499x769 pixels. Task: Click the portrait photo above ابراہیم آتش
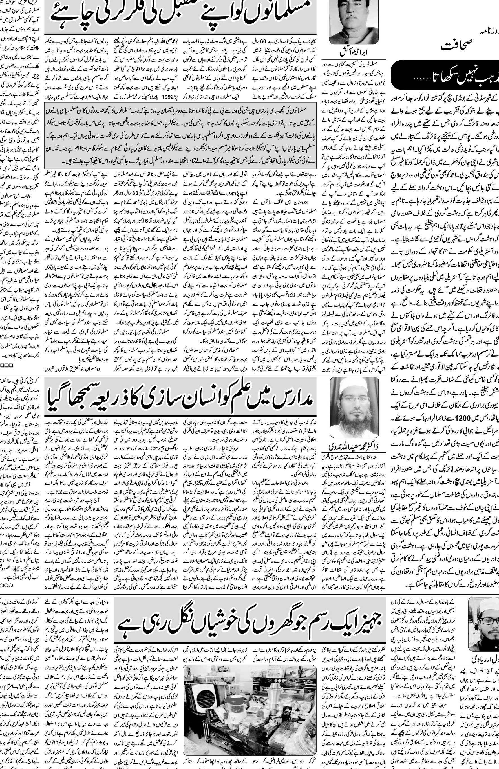(353, 21)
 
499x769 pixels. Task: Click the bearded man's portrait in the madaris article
(354, 407)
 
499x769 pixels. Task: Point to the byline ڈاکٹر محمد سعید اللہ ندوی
(353, 446)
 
